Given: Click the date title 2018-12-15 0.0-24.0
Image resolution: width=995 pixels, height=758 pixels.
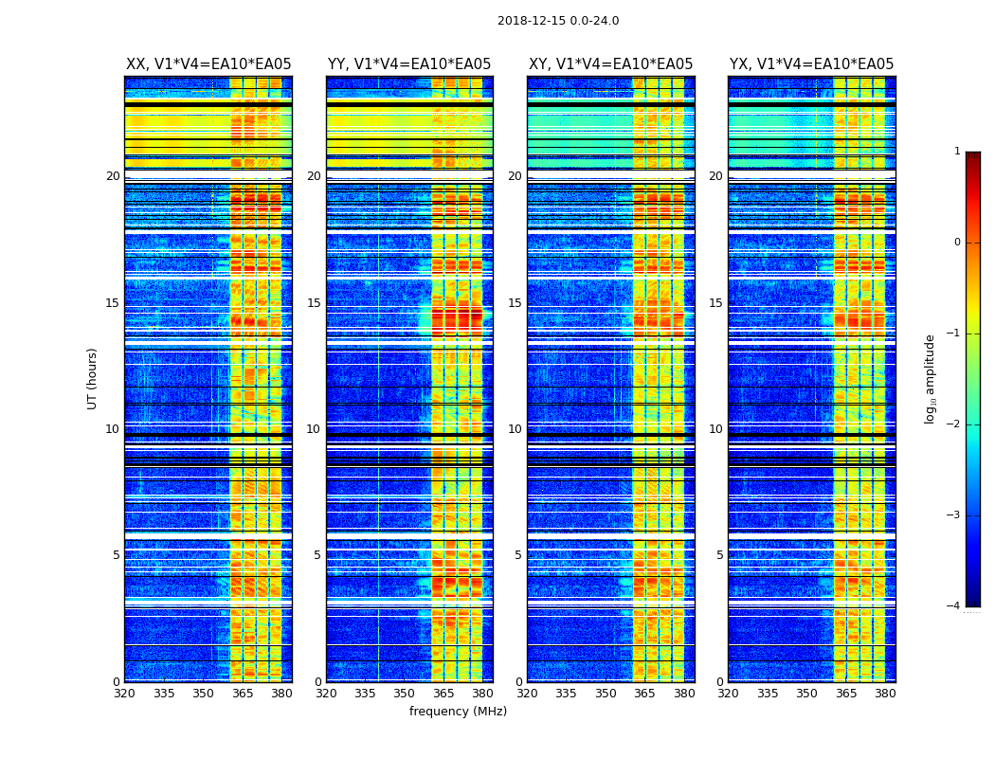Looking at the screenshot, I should (558, 21).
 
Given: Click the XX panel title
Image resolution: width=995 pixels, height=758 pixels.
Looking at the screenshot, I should (208, 64).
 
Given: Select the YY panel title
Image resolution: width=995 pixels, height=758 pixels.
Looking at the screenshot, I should (409, 64).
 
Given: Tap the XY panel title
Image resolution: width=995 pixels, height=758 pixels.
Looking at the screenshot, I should (610, 64).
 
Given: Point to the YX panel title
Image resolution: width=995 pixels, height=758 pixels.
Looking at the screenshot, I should (811, 64).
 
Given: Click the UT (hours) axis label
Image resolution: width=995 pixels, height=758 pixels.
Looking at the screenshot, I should (93, 378).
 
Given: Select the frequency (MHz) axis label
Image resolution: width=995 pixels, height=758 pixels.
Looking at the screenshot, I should (458, 712).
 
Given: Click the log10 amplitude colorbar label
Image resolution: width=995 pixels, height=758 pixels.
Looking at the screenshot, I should (931, 378).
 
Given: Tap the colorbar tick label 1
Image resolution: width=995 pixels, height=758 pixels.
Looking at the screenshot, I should (956, 152).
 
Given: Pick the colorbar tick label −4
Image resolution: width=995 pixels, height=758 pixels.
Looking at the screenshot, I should (953, 606).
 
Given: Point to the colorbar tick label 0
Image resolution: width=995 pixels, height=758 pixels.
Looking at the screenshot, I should (956, 243).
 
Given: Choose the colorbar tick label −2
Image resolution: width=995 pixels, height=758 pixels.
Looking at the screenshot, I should (953, 424).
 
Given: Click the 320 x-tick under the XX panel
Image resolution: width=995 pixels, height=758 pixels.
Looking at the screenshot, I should (124, 694).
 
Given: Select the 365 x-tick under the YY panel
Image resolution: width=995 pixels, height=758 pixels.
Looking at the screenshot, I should (443, 694).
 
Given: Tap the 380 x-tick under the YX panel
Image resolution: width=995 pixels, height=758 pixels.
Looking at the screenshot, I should (885, 694).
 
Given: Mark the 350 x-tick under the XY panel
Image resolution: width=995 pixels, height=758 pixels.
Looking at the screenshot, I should (606, 694).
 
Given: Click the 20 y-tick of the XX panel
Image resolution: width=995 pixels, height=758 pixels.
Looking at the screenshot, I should (113, 176).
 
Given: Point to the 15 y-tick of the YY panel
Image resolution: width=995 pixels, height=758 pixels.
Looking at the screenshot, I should (314, 303).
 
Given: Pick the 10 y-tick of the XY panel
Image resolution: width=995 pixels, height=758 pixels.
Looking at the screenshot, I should (515, 429).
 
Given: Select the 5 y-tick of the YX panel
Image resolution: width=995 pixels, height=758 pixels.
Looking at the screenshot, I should (719, 555).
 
